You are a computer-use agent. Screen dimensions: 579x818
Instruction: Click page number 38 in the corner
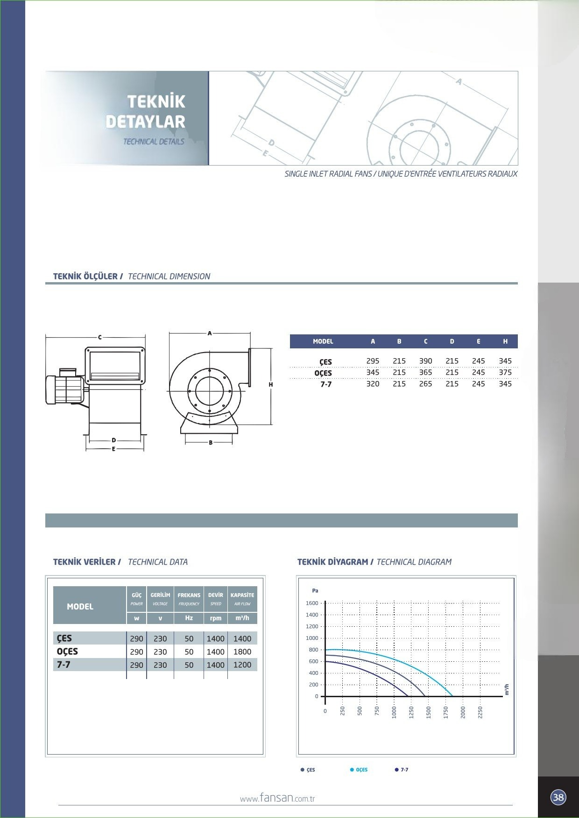[558, 797]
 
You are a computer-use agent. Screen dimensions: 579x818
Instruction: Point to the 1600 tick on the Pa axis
[312, 603]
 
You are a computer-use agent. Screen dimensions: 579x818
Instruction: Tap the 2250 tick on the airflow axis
[480, 712]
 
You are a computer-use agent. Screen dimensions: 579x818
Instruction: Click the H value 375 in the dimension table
[505, 372]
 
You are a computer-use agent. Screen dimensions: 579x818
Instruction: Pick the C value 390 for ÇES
[425, 361]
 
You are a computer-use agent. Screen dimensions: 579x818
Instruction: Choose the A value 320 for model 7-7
[373, 384]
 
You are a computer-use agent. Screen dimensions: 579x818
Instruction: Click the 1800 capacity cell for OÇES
[242, 652]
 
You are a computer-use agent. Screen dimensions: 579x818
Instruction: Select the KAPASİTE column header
[242, 595]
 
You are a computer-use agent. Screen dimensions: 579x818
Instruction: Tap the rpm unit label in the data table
[216, 618]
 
